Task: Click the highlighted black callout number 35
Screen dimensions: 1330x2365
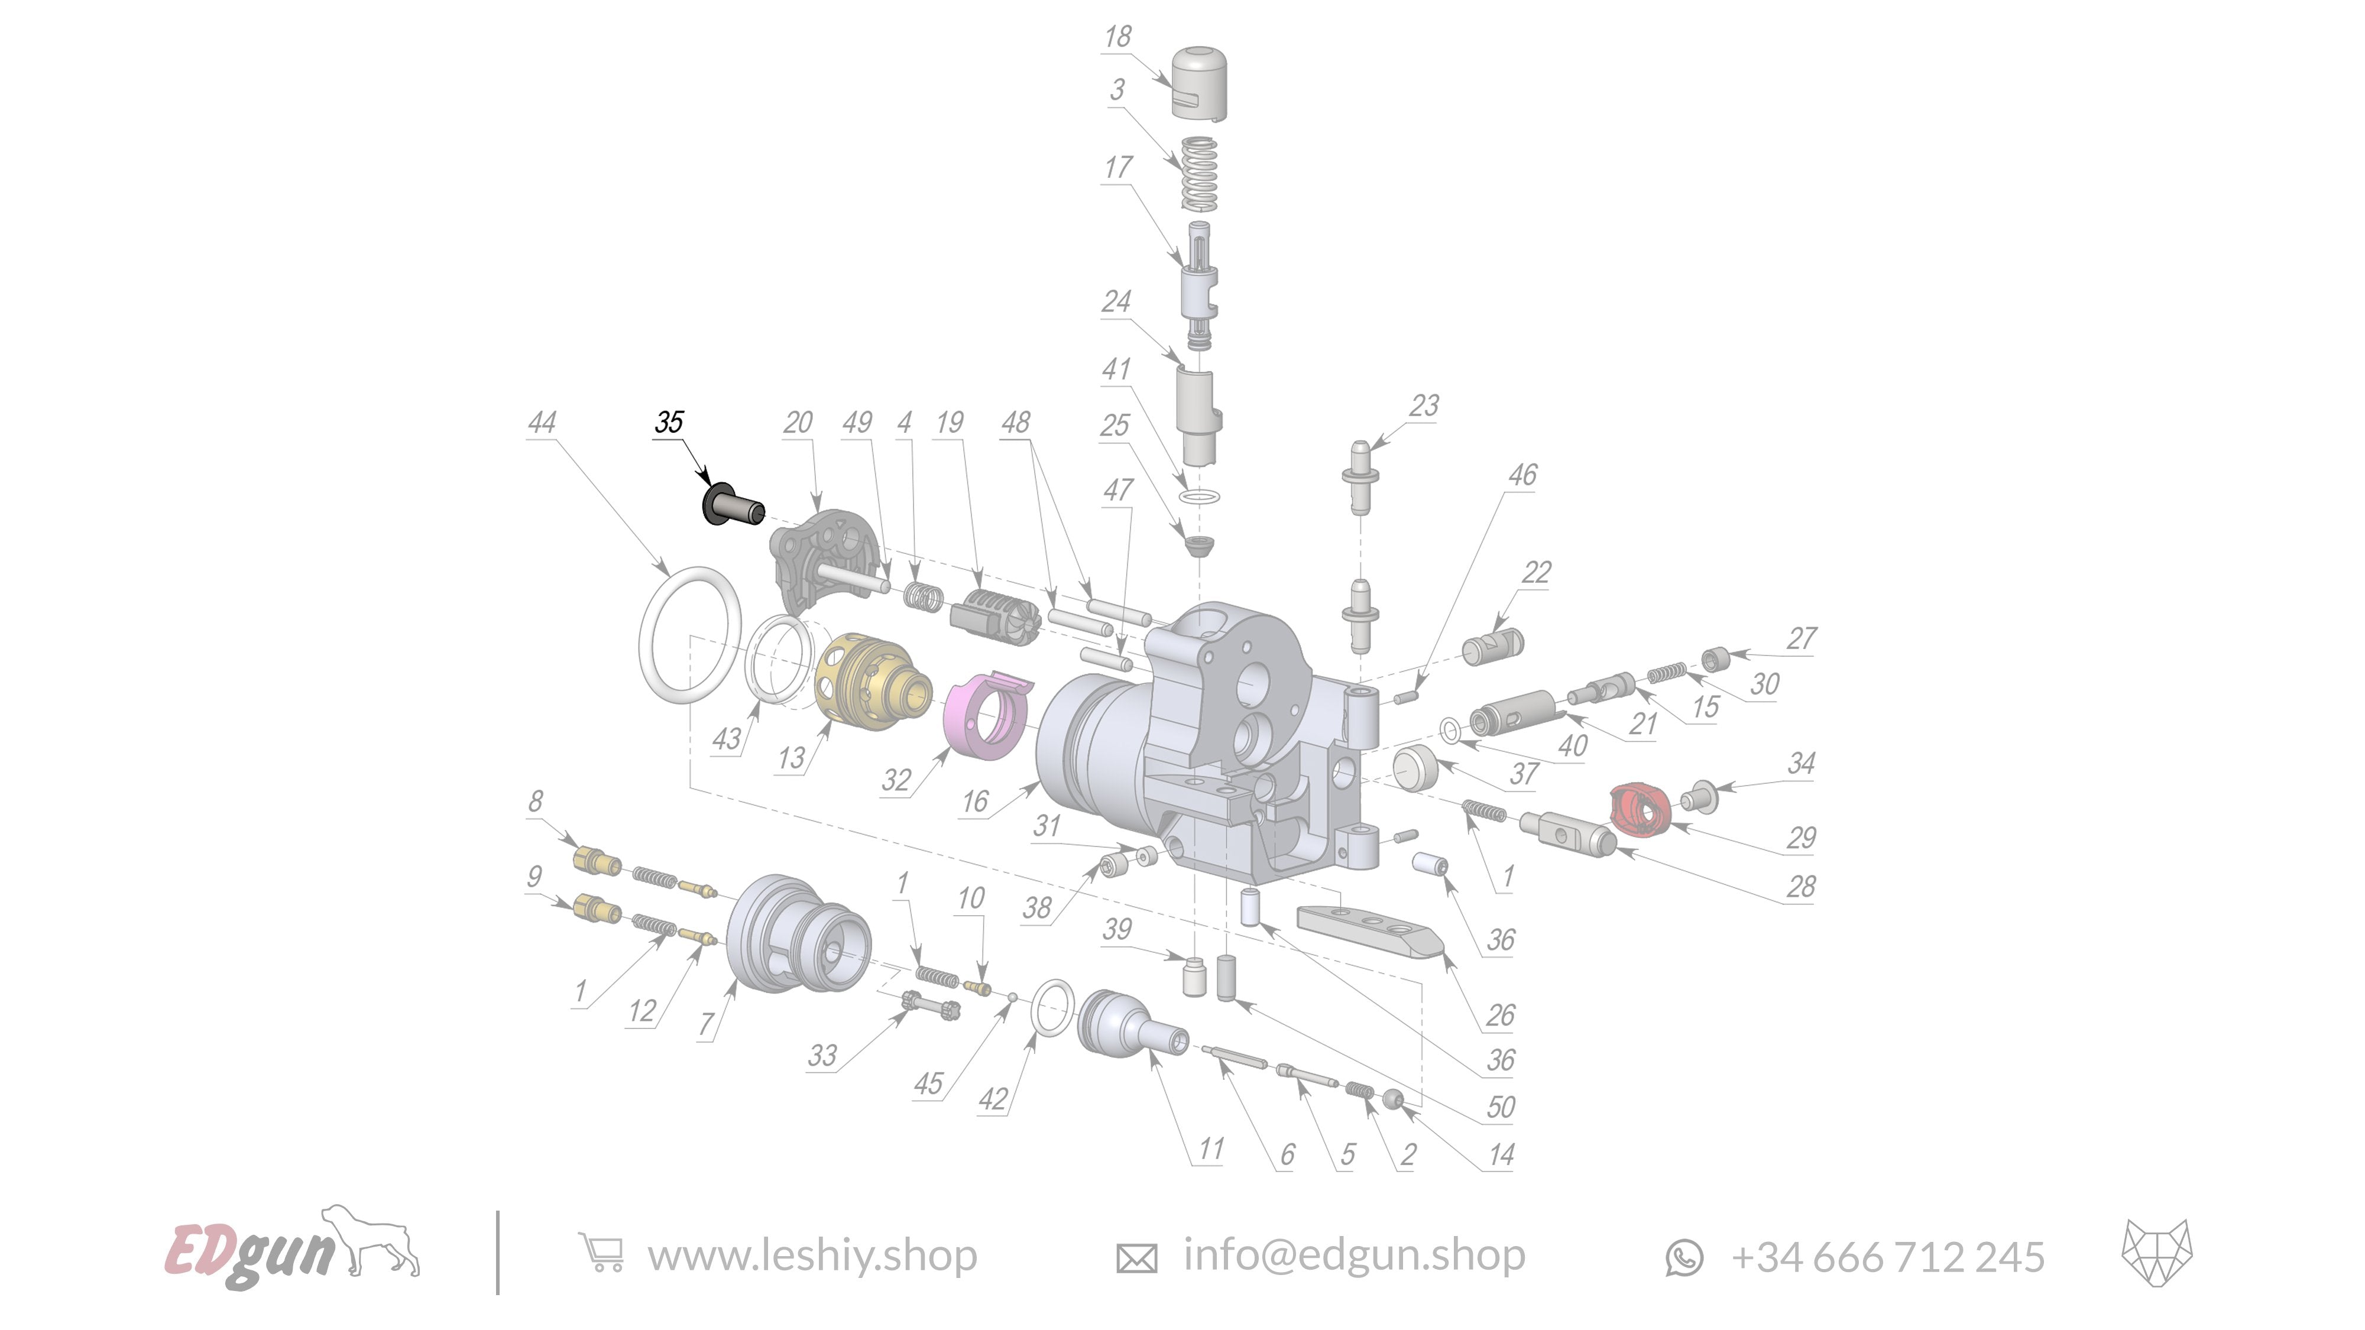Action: [x=669, y=422]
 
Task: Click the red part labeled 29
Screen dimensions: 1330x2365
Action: [x=1636, y=810]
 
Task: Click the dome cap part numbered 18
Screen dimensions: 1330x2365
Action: [x=1199, y=83]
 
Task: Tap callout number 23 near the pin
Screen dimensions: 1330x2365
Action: [x=1424, y=406]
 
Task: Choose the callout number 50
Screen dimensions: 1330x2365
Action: [x=1500, y=1107]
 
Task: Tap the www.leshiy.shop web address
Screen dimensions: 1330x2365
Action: [x=812, y=1256]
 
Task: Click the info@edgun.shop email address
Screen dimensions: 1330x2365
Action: [x=1353, y=1255]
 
